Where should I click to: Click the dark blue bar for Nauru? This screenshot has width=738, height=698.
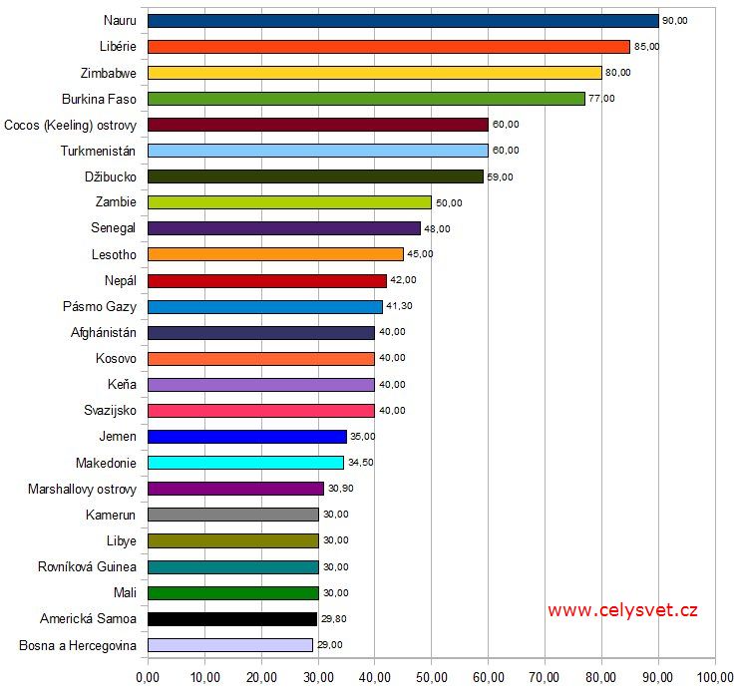(403, 21)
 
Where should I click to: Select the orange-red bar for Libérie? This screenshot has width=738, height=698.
(389, 47)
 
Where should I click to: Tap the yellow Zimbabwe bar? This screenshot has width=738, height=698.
(374, 73)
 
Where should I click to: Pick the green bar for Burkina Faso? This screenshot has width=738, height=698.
(366, 99)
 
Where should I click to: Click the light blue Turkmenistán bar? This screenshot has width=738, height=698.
(317, 151)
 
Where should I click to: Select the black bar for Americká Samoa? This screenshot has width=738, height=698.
(231, 618)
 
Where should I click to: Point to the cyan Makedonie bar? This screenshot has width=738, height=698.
(245, 463)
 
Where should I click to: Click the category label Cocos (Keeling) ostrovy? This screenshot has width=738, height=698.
(70, 125)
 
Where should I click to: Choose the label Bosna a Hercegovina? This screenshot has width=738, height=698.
(78, 645)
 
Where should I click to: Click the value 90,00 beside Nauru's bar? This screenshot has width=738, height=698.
(675, 21)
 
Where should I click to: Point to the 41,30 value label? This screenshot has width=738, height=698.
(400, 306)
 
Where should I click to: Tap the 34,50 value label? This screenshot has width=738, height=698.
(361, 463)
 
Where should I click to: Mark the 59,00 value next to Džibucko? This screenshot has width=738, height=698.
(500, 176)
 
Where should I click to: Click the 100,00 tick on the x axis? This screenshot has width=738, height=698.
(714, 678)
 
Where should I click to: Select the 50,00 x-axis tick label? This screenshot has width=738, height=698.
(431, 678)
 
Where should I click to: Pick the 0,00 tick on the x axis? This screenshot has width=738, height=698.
(148, 678)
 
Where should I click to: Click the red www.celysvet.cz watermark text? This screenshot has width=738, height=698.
(621, 610)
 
